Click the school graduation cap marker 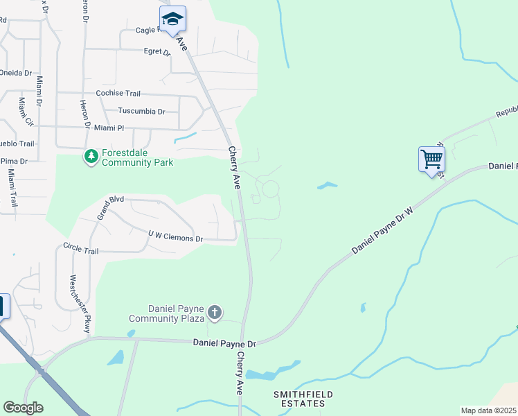click(x=172, y=20)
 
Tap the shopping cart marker click(x=431, y=159)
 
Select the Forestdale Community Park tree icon click(x=91, y=157)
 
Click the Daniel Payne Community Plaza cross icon click(x=215, y=313)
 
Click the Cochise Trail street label click(x=118, y=93)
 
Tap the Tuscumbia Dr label click(x=141, y=111)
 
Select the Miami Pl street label click(x=109, y=128)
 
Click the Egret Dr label click(x=157, y=51)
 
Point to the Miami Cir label click(x=26, y=112)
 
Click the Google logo click(x=23, y=408)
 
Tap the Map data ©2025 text click(x=488, y=410)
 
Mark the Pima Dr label click(x=13, y=161)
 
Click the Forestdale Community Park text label click(x=137, y=157)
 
